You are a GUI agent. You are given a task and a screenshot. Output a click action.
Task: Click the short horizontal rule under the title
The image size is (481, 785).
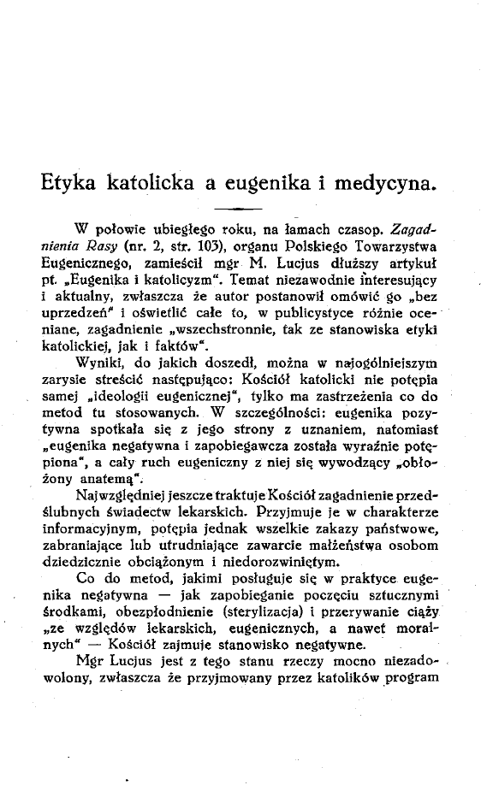coord(237,209)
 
